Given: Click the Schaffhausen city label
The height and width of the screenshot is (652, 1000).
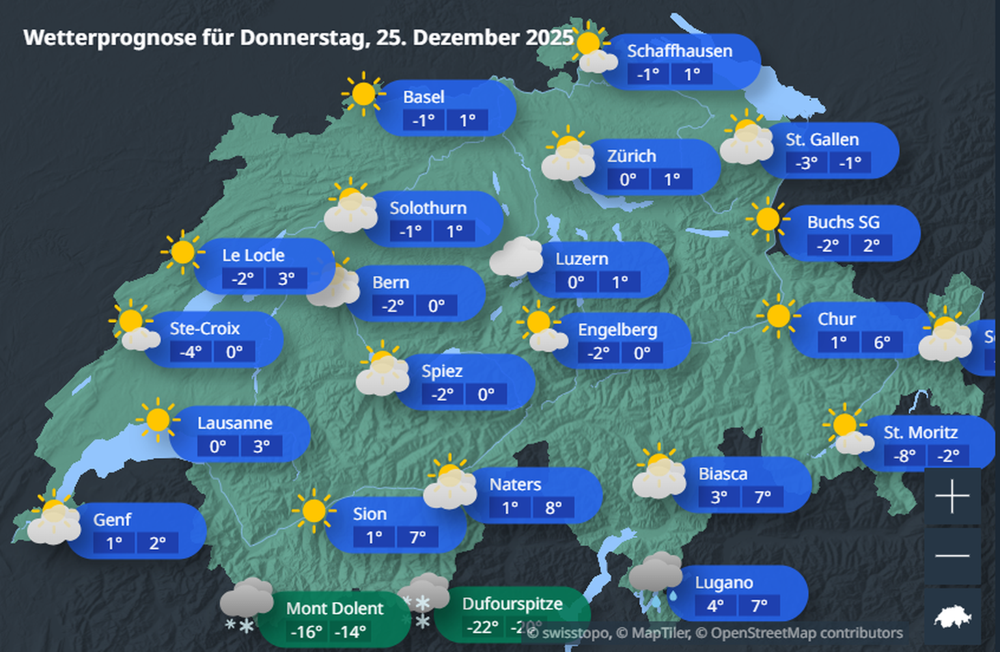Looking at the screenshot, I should tap(679, 51).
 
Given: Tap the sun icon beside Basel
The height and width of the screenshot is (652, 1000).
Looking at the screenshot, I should tap(363, 94).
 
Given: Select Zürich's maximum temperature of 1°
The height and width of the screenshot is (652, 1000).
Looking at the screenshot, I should tap(672, 179).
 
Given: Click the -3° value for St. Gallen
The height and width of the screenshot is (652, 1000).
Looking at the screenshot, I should tap(806, 163).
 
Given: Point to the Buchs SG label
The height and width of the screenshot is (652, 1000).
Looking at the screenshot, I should tap(843, 223).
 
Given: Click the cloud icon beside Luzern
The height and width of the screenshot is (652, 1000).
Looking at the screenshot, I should tap(516, 257).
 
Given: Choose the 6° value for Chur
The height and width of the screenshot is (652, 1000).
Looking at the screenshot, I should tap(882, 342).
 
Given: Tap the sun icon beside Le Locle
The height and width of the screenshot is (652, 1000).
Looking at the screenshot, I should tap(182, 252).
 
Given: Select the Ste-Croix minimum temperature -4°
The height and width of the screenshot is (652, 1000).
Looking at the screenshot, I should tap(190, 352).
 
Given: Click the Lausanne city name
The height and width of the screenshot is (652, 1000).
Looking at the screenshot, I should tap(234, 423).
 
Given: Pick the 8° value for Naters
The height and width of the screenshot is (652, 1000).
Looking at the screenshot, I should tap(553, 508).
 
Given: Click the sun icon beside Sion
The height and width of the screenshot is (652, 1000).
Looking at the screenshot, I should tap(313, 511).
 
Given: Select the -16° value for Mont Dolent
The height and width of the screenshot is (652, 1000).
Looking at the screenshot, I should tap(306, 632).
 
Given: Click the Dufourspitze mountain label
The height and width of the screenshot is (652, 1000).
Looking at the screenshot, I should tap(512, 604).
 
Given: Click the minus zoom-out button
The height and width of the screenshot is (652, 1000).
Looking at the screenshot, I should tap(952, 556).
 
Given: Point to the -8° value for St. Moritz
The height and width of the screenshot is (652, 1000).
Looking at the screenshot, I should tap(904, 455).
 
